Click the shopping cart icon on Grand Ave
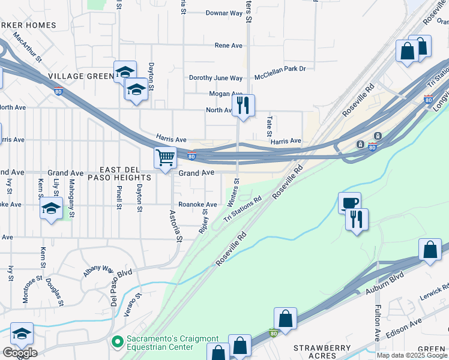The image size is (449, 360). point(165,158)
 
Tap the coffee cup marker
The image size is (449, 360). point(349,203)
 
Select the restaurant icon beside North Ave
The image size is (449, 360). point(243,106)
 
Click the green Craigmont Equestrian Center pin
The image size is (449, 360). point(116,342)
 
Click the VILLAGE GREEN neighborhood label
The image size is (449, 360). point(82,76)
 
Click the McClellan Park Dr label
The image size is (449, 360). point(280,69)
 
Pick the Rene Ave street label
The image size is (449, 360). point(228,46)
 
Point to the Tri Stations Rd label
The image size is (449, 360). point(243,209)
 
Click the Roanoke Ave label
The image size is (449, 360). point(197,204)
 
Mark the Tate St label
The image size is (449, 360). point(270,125)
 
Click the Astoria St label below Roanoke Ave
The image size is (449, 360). point(175,226)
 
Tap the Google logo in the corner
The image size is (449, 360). point(20,353)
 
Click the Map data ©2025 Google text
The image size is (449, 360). point(412,355)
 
